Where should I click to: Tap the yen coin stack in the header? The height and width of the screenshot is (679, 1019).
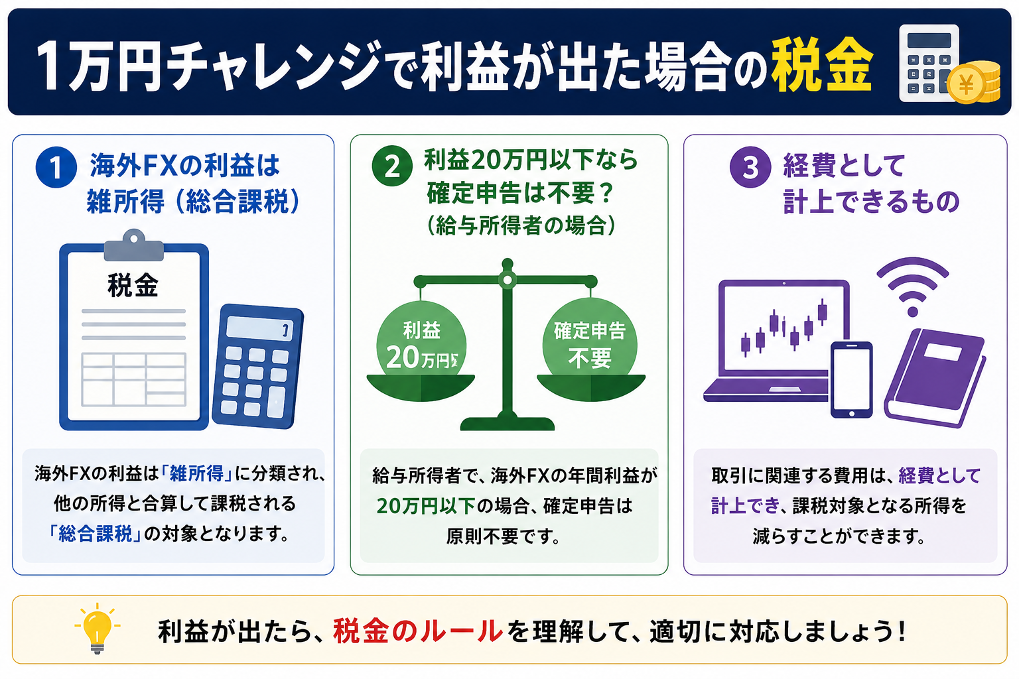(973, 82)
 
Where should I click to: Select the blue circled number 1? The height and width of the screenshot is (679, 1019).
(56, 167)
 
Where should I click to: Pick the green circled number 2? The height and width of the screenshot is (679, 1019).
(392, 166)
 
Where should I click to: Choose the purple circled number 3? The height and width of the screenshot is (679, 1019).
(750, 167)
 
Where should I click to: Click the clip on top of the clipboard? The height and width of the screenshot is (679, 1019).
(134, 245)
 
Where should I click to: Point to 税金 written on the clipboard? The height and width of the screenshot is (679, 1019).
(133, 286)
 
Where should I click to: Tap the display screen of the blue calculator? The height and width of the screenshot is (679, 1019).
(260, 328)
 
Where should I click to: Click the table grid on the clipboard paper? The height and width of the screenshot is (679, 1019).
(134, 379)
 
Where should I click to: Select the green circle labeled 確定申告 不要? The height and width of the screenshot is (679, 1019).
(590, 344)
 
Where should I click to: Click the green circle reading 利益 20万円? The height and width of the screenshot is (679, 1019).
(421, 344)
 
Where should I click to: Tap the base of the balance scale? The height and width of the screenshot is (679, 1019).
(508, 422)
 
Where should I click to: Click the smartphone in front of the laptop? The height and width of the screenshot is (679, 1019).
(852, 380)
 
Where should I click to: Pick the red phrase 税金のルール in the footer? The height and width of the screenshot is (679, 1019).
(417, 631)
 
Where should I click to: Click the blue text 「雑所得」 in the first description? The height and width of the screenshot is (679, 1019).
(196, 474)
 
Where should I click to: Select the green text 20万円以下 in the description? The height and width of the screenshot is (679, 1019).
(426, 506)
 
